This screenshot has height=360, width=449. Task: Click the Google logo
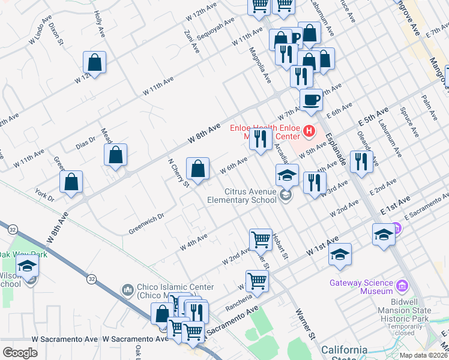tap(20, 353)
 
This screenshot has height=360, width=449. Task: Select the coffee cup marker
tap(311, 100)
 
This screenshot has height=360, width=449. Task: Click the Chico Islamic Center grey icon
tap(127, 291)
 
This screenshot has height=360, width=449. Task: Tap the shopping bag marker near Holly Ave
tap(95, 62)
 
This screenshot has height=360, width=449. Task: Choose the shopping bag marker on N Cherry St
tap(197, 168)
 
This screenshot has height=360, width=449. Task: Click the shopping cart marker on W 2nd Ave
tap(261, 239)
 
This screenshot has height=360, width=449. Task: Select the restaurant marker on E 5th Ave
tap(361, 162)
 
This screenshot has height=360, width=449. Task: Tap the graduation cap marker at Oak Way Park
tap(27, 266)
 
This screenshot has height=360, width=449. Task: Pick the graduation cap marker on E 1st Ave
tap(384, 234)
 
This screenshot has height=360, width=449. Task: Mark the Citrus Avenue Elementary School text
tap(241, 196)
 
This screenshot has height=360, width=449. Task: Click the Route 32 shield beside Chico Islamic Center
tap(91, 279)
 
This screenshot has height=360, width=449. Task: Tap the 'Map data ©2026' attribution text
tap(424, 355)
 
